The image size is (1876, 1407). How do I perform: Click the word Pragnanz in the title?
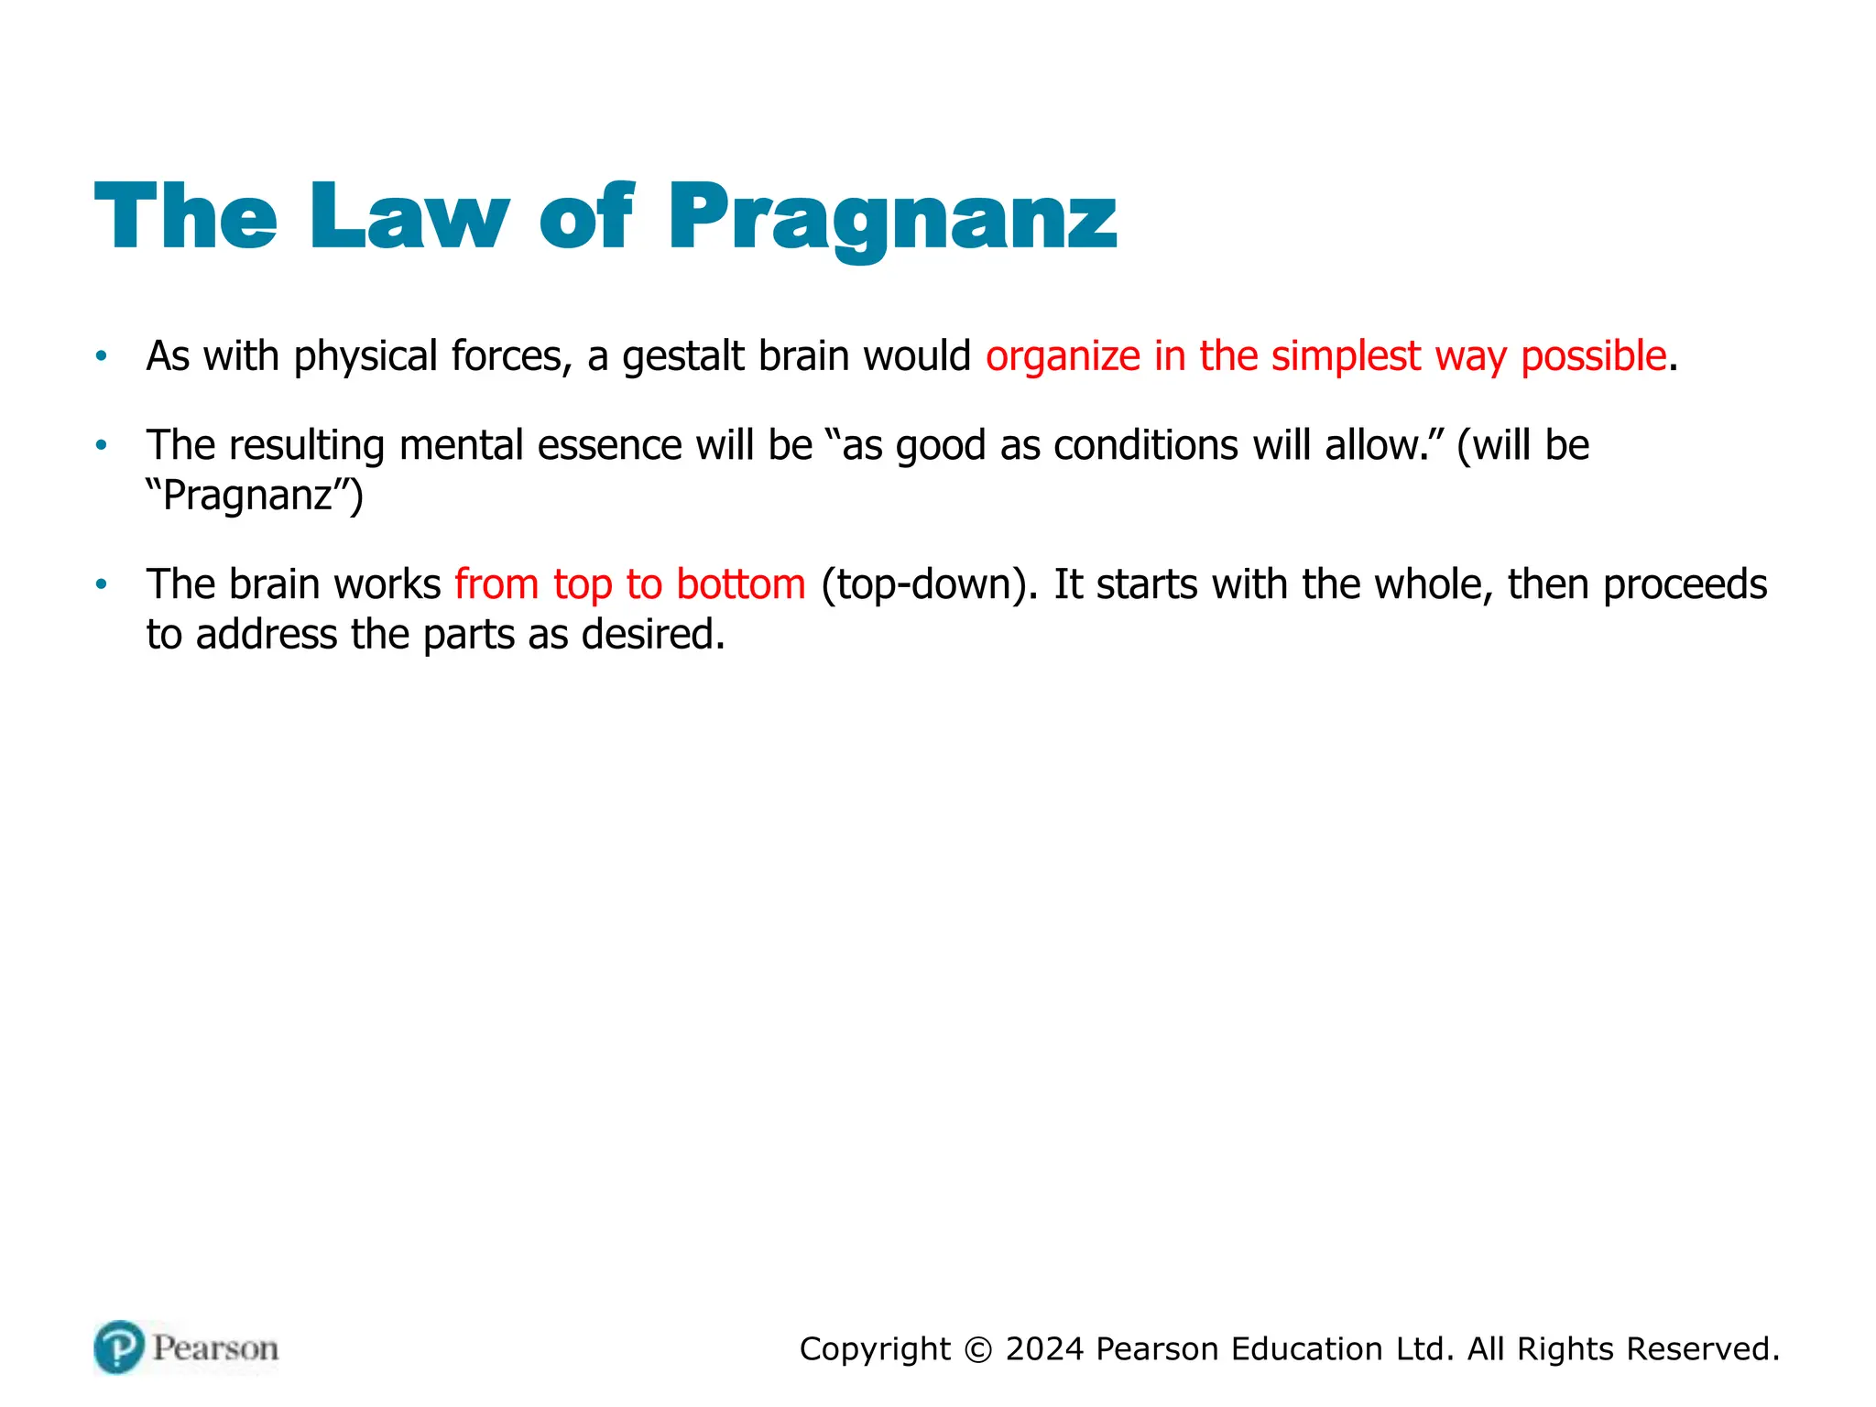(x=892, y=218)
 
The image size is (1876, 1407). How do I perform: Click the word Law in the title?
(x=409, y=216)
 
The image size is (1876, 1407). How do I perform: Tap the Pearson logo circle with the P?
(x=119, y=1347)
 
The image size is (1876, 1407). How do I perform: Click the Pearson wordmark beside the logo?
(x=215, y=1348)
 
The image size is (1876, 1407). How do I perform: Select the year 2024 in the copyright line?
(x=1044, y=1349)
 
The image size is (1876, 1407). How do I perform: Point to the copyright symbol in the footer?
(x=978, y=1349)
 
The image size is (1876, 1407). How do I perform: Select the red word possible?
(x=1593, y=356)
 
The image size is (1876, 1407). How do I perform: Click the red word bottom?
(x=741, y=584)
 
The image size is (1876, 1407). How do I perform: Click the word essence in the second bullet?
(x=609, y=446)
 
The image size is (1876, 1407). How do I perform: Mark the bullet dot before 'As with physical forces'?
(x=102, y=355)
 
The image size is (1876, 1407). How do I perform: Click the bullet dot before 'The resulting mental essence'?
(x=102, y=445)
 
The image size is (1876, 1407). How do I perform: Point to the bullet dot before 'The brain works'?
(x=102, y=584)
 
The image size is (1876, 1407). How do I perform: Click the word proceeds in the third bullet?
(x=1685, y=584)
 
